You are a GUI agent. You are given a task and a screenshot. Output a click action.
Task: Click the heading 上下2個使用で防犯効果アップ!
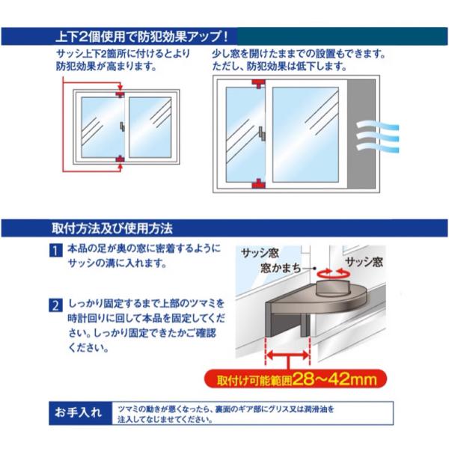tap(142, 37)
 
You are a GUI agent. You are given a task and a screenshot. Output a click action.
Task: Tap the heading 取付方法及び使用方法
tap(112, 228)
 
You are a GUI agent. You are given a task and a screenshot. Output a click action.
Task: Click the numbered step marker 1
tap(55, 251)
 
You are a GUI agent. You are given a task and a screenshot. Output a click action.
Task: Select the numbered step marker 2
tap(55, 305)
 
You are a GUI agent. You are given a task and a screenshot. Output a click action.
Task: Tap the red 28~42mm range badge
tap(296, 379)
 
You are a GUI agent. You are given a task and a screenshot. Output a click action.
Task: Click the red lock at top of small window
tap(120, 94)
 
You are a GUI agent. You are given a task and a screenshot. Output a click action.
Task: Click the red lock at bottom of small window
tap(120, 159)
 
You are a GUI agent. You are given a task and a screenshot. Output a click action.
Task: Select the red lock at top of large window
tap(259, 84)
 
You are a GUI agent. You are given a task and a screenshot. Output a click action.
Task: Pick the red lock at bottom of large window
tap(259, 184)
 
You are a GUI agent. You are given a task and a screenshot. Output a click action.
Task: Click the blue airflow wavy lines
tap(377, 137)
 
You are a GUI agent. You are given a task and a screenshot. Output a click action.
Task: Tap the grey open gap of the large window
tap(361, 134)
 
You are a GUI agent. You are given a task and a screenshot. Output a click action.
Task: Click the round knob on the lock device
tap(332, 290)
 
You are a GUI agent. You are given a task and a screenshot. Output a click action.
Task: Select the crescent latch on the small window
tap(122, 126)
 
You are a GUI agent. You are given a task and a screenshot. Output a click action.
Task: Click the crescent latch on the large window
tap(262, 134)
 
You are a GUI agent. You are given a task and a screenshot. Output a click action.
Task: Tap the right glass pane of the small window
tap(150, 127)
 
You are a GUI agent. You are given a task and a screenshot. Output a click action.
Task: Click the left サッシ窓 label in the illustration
tap(260, 253)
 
